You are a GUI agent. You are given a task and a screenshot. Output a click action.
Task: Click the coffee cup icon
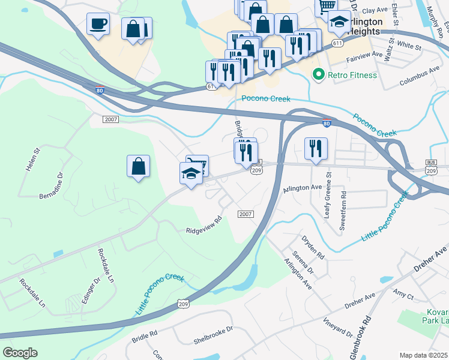pyautogui.click(x=98, y=25)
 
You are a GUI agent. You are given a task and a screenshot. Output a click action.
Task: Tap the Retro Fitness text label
pyautogui.click(x=352, y=75)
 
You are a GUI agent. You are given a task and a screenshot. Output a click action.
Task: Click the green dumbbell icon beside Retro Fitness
pyautogui.click(x=318, y=75)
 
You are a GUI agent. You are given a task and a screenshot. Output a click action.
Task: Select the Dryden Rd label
pyautogui.click(x=313, y=247)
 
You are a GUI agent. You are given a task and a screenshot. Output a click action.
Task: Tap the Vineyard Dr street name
pyautogui.click(x=338, y=327)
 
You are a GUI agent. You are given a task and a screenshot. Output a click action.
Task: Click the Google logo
pyautogui.click(x=20, y=353)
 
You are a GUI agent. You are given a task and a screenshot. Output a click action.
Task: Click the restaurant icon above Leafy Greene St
pyautogui.click(x=315, y=148)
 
